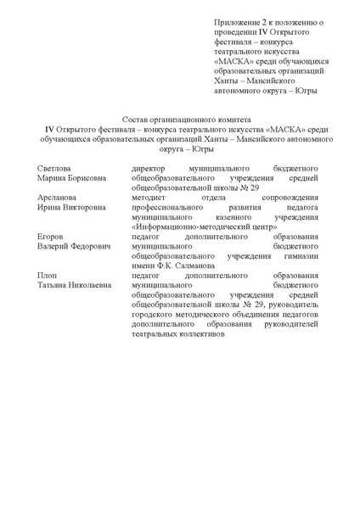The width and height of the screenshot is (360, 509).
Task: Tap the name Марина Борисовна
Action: (71, 180)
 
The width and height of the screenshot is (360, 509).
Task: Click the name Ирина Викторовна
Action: (72, 207)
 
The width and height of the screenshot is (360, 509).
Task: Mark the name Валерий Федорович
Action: (74, 245)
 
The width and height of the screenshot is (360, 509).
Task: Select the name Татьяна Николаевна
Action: (75, 284)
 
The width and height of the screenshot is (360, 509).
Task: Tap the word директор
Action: (150, 169)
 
